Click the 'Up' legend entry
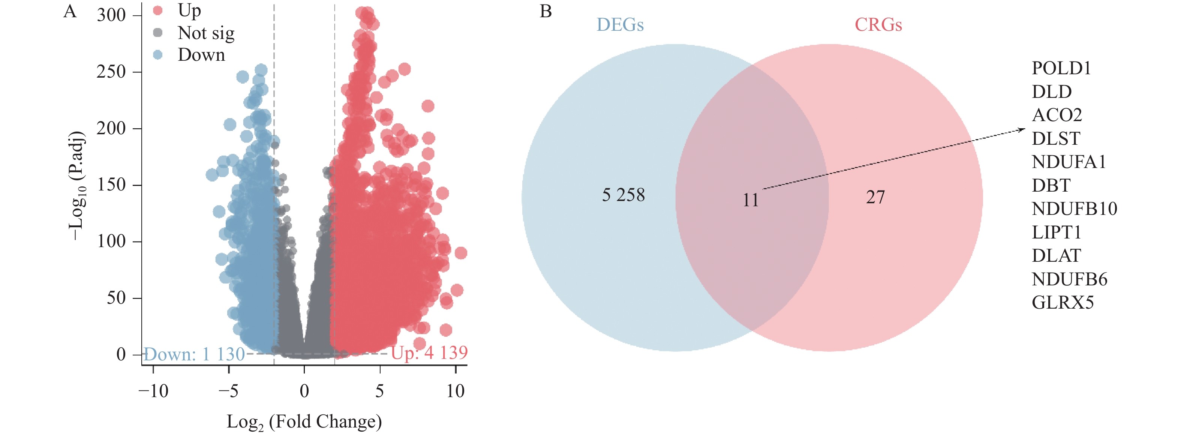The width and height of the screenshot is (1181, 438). click(x=189, y=10)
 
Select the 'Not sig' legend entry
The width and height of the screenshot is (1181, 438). click(x=206, y=33)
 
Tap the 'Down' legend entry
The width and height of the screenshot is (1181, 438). click(x=201, y=55)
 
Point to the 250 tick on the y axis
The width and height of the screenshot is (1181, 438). click(x=111, y=72)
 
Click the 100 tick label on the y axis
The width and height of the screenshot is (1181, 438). click(x=111, y=241)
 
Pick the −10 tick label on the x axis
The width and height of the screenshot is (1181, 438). click(x=154, y=391)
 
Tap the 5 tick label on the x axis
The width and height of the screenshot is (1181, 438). click(x=379, y=391)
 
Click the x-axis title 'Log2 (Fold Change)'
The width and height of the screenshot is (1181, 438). click(x=304, y=421)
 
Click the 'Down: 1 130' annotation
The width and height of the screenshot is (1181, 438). click(x=194, y=354)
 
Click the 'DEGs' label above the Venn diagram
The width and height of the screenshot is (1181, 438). click(x=620, y=25)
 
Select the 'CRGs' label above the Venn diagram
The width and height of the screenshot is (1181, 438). click(x=878, y=25)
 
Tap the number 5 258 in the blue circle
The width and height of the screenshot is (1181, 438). click(x=623, y=195)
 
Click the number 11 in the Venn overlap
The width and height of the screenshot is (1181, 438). click(x=751, y=200)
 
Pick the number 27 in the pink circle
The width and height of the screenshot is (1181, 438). click(x=875, y=197)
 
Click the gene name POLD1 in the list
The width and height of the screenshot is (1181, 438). click(x=1061, y=68)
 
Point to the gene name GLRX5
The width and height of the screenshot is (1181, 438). click(x=1062, y=303)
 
